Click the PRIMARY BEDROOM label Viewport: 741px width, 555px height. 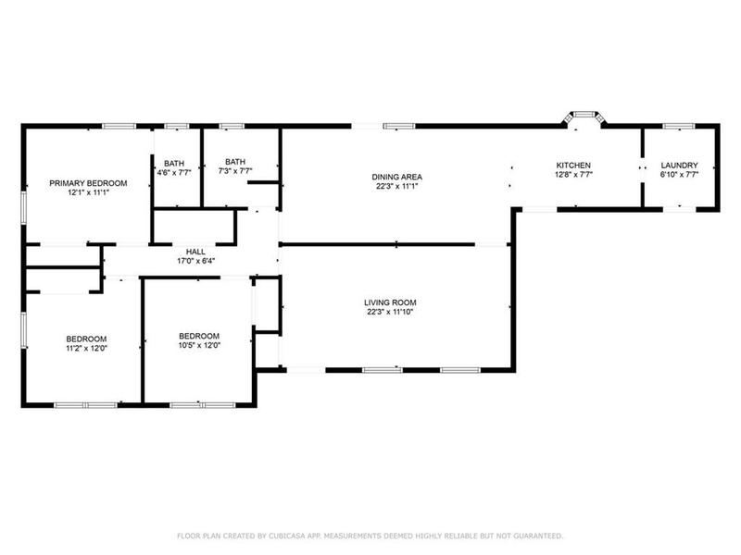point(88,183)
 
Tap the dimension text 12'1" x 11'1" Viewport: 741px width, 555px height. point(88,193)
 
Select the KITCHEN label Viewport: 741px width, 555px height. point(573,165)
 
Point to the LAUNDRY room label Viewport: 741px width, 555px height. point(679,165)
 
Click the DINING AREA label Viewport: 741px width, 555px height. point(397,176)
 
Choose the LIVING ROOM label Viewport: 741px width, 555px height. point(390,302)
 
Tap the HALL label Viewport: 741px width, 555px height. point(195,251)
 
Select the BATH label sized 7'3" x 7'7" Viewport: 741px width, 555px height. point(234,161)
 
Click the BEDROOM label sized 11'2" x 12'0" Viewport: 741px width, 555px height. point(85,338)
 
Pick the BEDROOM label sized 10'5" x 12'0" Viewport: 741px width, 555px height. point(199,335)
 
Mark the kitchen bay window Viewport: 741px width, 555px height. point(584,117)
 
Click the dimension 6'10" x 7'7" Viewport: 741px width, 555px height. point(679,174)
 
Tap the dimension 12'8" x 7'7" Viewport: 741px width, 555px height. point(573,174)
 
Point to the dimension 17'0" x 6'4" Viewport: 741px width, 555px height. point(195,261)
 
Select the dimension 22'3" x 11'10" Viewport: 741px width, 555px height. point(390,312)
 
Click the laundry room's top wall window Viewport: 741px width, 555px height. point(679,126)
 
